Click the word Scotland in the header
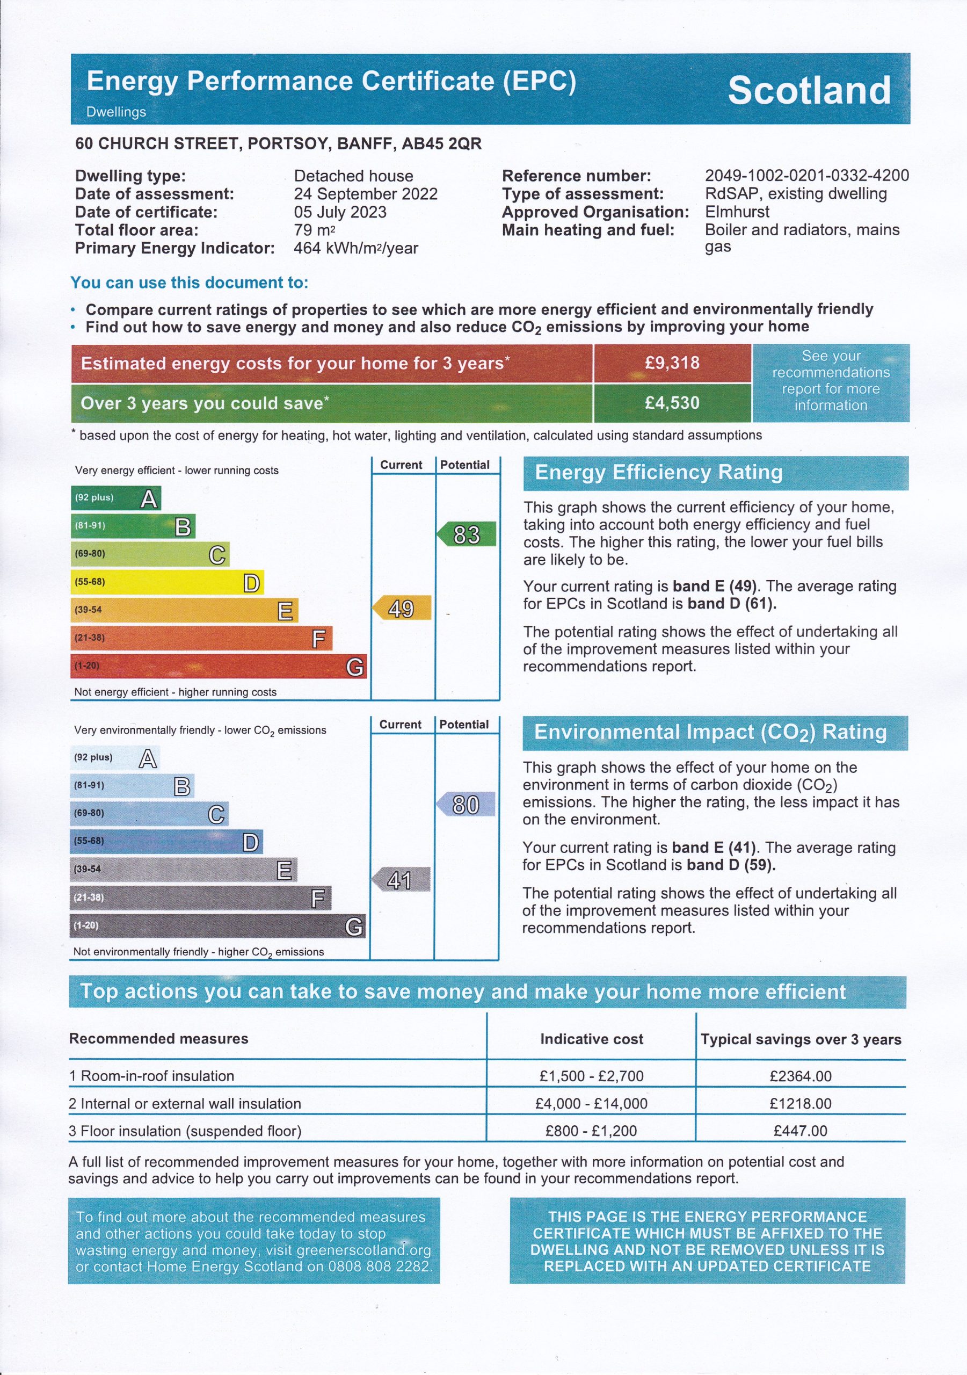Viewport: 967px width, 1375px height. click(809, 90)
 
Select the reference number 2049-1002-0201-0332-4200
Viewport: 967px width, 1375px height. click(806, 176)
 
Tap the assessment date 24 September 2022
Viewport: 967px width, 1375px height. click(365, 194)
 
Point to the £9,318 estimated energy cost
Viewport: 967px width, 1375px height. click(672, 363)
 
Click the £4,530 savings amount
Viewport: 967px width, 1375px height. click(672, 403)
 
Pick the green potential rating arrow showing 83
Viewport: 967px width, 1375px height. click(467, 534)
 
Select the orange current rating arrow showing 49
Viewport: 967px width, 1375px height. click(402, 609)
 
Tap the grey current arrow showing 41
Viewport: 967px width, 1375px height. click(401, 880)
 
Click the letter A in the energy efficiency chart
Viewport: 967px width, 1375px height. click(149, 498)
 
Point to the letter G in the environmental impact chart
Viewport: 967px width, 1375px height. click(354, 927)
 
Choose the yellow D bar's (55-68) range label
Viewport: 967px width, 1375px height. click(90, 582)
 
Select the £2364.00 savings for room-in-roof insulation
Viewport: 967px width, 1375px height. click(801, 1076)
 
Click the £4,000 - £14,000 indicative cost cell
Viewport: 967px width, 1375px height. click(591, 1104)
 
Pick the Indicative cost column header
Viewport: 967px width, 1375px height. click(592, 1039)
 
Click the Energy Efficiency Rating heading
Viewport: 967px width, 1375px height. click(659, 473)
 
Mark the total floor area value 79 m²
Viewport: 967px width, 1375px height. click(314, 230)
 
